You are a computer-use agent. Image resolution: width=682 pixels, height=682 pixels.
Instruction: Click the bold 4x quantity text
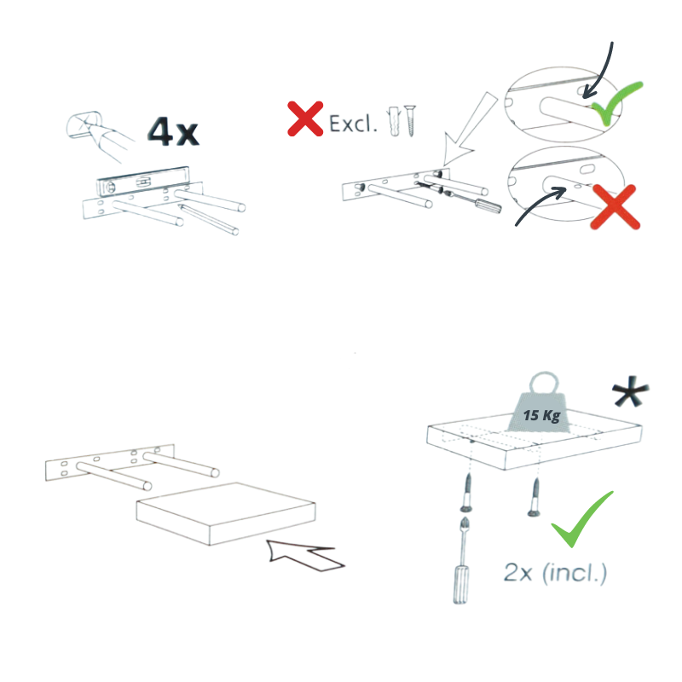point(172,130)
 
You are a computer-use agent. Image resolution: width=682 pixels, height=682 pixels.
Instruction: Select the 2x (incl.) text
point(555,573)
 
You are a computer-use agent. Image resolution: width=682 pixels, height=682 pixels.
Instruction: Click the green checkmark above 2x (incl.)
point(582,519)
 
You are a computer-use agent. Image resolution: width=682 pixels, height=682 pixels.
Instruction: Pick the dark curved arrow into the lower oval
point(542,207)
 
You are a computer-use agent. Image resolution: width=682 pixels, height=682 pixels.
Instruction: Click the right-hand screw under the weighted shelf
point(537,497)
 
